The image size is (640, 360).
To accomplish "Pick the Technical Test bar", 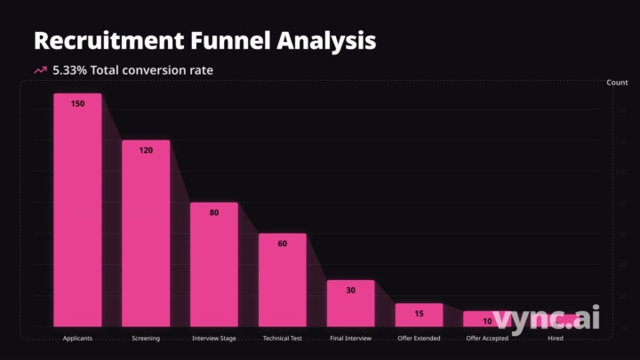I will click(x=283, y=279).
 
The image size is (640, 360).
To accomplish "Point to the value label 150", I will click(x=77, y=104).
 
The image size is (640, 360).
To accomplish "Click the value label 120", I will click(x=146, y=150).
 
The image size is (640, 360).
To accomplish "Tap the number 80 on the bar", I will click(x=214, y=212).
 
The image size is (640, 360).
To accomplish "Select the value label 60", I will click(x=283, y=244).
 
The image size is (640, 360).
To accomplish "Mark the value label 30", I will click(x=350, y=291).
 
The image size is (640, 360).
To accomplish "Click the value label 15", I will click(x=419, y=314).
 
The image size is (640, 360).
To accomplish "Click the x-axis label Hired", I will click(x=556, y=339).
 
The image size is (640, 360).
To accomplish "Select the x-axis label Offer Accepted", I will click(x=487, y=339).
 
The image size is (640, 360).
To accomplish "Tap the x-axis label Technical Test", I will click(x=283, y=339).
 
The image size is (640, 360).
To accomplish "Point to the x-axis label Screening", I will click(x=146, y=339).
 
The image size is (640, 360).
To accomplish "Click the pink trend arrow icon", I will click(x=40, y=70).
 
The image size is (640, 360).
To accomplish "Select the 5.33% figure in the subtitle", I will click(x=70, y=70).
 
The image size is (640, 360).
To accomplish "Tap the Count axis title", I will click(x=617, y=83).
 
